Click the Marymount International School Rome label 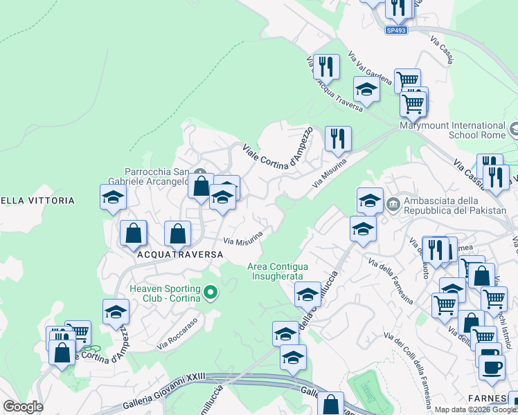point(453,130)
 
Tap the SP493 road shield point(396,30)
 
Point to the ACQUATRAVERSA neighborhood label point(180,255)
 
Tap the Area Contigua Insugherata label point(278,271)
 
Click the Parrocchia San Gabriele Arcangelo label point(157,176)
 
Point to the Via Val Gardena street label point(370,68)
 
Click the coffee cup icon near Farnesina point(491,367)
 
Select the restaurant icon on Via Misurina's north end point(338,138)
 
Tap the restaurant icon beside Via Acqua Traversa point(326,66)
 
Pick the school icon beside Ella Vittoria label point(113,197)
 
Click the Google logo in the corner point(23,407)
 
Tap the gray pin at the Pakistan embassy point(393,203)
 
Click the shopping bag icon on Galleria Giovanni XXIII point(331,404)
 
